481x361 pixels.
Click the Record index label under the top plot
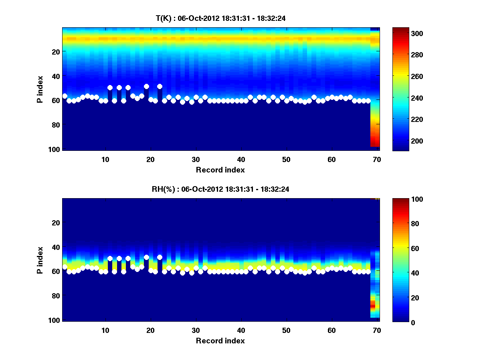220,170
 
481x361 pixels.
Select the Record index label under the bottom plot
220,341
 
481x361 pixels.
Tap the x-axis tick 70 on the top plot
377,159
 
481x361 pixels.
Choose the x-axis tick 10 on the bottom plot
105,330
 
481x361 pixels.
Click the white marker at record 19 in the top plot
146,87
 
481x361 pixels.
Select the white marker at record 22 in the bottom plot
160,257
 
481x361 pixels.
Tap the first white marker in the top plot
65,96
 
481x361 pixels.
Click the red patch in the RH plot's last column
372,306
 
